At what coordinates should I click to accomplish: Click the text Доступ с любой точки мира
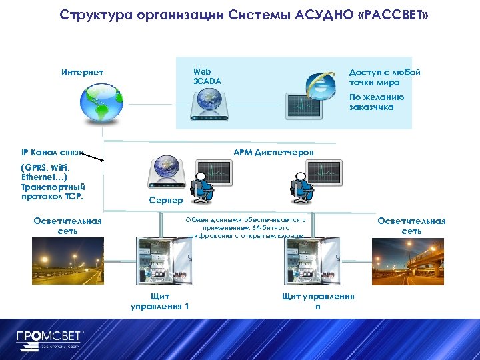click(385, 77)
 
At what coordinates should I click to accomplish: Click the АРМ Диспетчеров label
click(273, 153)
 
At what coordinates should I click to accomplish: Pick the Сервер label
click(165, 200)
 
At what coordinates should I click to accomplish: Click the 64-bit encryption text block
click(246, 227)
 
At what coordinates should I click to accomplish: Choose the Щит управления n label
click(318, 301)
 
